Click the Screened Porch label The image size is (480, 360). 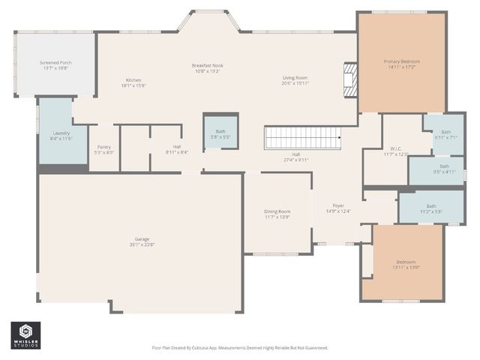click(55, 62)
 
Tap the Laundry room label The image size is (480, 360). click(61, 133)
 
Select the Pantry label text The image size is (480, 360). click(104, 148)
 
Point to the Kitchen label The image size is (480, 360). click(133, 80)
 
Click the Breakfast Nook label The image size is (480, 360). click(208, 65)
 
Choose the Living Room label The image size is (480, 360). click(295, 78)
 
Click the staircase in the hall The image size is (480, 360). click(302, 137)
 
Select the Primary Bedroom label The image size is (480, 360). click(401, 61)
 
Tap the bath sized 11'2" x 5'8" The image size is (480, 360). click(430, 206)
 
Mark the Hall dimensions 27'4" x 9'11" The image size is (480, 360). click(296, 160)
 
